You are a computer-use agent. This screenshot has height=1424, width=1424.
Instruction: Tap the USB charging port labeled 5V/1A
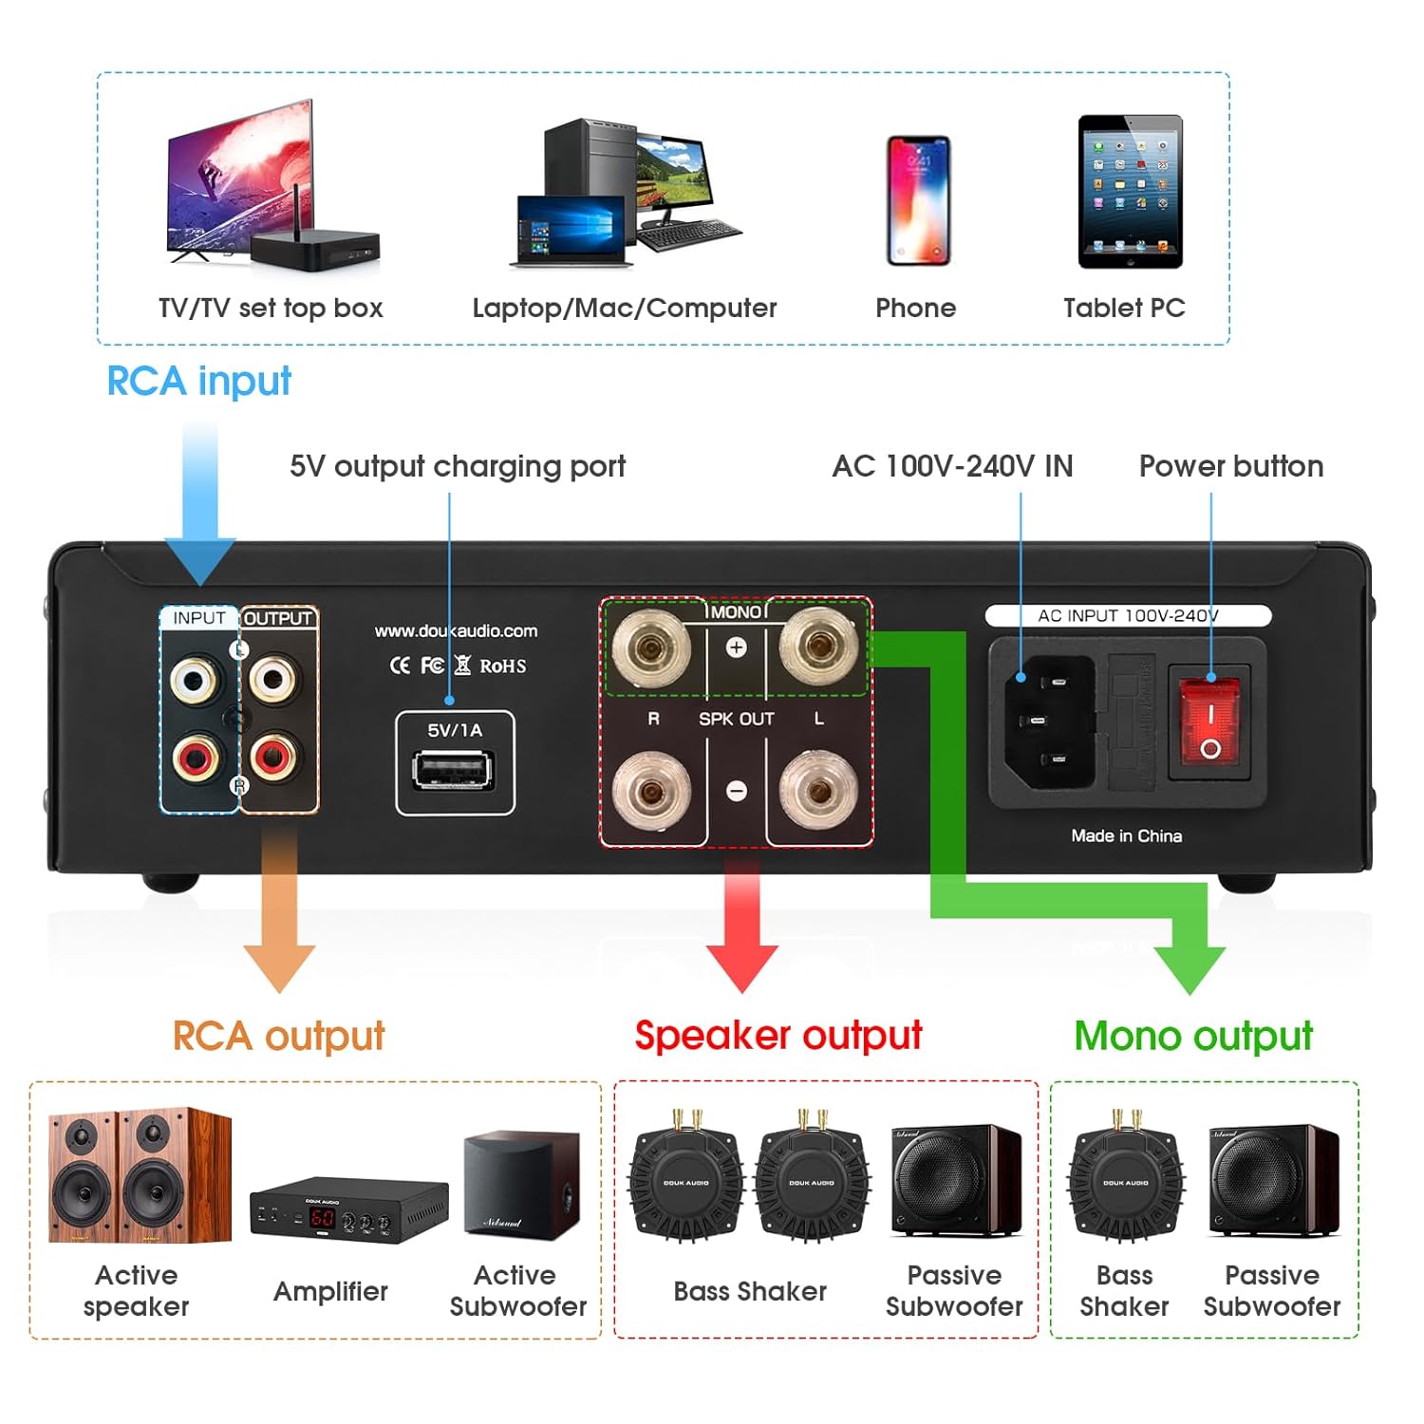click(x=454, y=769)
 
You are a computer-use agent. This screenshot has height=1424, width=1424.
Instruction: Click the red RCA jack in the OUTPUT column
click(x=272, y=757)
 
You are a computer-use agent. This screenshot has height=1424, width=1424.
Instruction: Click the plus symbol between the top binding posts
click(x=736, y=647)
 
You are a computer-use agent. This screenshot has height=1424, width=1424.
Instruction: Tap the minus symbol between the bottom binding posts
click(x=736, y=791)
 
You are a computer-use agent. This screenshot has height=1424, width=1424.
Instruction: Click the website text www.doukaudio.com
click(x=456, y=631)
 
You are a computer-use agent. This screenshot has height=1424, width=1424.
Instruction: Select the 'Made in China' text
click(x=1126, y=835)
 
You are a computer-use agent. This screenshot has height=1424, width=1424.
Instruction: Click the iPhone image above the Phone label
click(x=917, y=200)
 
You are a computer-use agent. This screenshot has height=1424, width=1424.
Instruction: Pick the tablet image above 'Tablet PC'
click(x=1130, y=192)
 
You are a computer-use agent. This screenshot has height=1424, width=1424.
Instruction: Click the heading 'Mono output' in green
click(x=1193, y=1036)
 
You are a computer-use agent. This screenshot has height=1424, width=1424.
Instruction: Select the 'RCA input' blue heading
click(x=198, y=381)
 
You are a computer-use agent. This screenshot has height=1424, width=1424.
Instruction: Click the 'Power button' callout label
click(x=1230, y=466)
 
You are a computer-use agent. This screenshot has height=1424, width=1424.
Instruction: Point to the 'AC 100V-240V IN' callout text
click(x=952, y=466)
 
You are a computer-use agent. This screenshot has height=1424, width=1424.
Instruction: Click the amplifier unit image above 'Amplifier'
click(x=348, y=1211)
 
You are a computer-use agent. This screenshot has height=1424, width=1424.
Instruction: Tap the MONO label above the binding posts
click(x=736, y=612)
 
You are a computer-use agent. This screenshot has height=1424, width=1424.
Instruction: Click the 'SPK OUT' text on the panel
click(x=736, y=719)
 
